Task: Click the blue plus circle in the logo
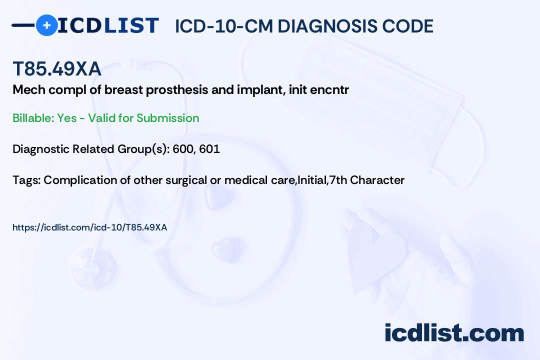coord(46,25)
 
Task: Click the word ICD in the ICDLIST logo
coord(79,25)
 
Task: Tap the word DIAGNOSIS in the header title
coord(327,26)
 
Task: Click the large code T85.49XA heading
coord(57,68)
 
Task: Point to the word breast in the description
coord(123,90)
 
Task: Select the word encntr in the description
coord(329,90)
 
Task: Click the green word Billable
coord(33,118)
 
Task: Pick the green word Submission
coord(167,118)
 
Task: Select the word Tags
coord(26,180)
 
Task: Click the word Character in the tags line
coord(377,180)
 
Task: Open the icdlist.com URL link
coord(90,227)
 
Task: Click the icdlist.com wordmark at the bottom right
coord(454,333)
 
